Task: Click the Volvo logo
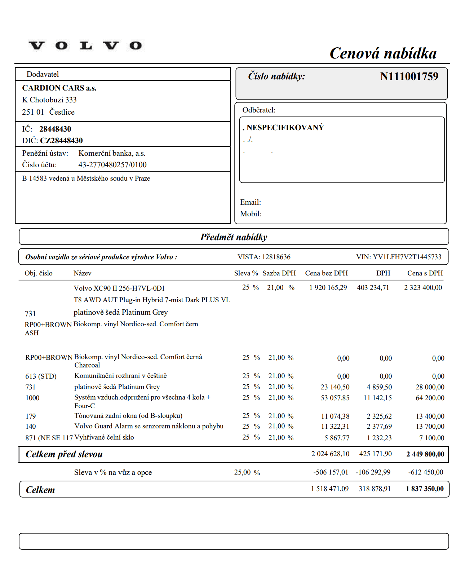[85, 46]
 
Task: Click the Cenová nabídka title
[383, 53]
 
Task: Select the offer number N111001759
[409, 76]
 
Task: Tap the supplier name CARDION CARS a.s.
[59, 88]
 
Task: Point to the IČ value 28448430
[55, 129]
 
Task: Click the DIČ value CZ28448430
[61, 141]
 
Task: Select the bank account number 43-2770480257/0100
[112, 165]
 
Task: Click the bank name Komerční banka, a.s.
[112, 153]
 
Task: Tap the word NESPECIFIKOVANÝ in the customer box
[285, 128]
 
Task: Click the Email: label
[251, 202]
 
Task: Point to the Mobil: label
[251, 214]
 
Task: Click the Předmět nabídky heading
[234, 237]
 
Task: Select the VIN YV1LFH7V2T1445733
[407, 257]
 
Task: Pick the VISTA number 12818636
[276, 257]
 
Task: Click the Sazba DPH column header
[279, 273]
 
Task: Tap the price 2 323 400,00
[423, 288]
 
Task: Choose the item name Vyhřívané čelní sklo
[104, 437]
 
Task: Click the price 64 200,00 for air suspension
[430, 398]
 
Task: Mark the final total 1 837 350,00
[425, 489]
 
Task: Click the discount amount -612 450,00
[426, 472]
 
